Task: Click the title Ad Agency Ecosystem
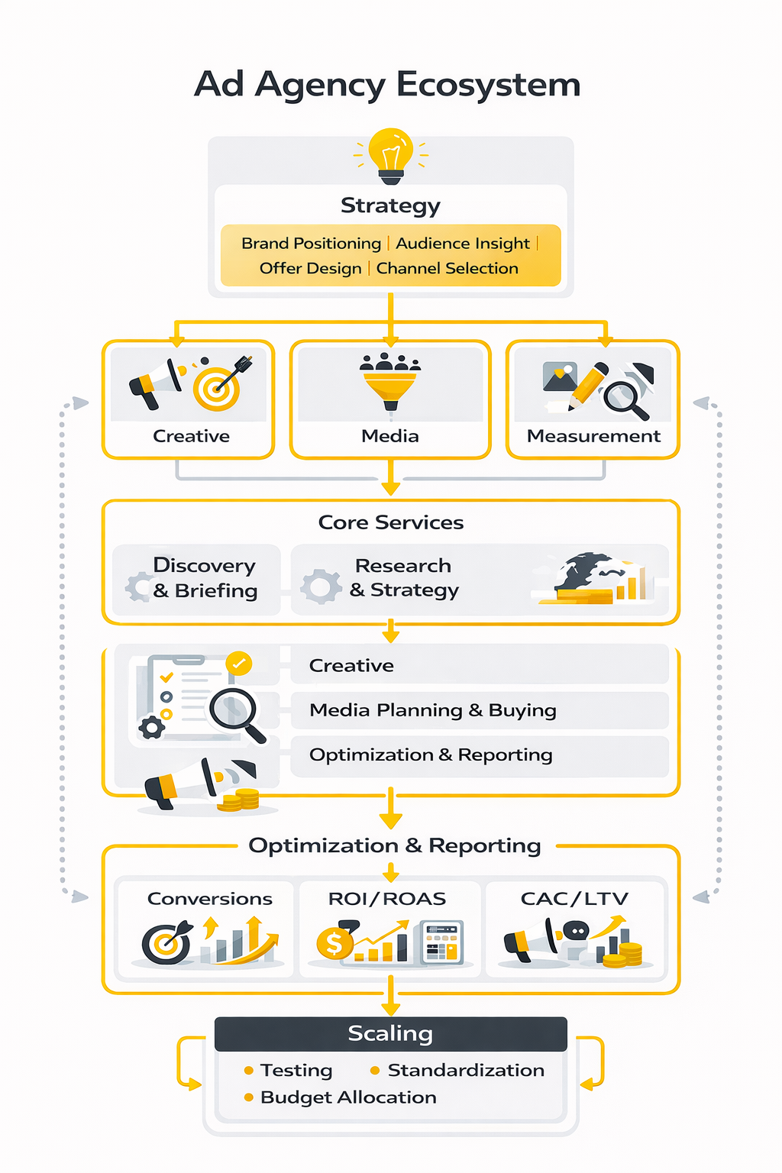click(x=387, y=84)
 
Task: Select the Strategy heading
click(x=390, y=205)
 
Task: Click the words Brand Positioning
click(x=311, y=244)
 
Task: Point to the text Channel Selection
click(x=447, y=269)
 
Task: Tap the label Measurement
click(x=593, y=436)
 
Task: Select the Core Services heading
click(x=390, y=522)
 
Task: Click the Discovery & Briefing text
click(x=205, y=578)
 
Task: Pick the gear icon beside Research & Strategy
click(x=321, y=586)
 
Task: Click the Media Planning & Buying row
click(x=432, y=710)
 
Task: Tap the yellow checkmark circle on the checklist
click(x=239, y=663)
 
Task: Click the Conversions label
click(x=209, y=899)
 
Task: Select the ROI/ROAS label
click(x=386, y=899)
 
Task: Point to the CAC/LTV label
click(x=574, y=899)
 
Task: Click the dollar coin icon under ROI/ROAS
click(x=334, y=944)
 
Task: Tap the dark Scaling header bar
click(x=390, y=1033)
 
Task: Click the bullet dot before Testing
click(x=248, y=1071)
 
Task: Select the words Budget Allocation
click(x=348, y=1097)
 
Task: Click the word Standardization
click(x=466, y=1071)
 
